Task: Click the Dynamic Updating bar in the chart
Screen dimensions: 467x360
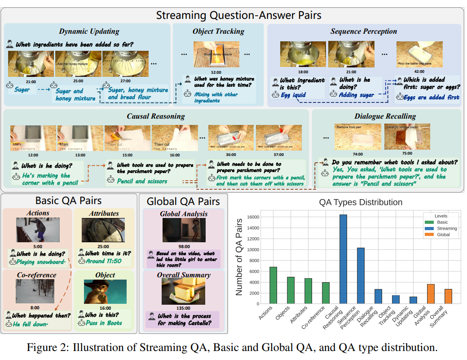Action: (413, 300)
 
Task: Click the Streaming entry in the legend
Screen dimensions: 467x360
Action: (446, 228)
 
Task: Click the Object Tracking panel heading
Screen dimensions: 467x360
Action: (218, 31)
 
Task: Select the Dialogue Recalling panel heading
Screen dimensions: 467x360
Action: (385, 116)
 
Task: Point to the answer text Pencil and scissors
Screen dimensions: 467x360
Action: (142, 181)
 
